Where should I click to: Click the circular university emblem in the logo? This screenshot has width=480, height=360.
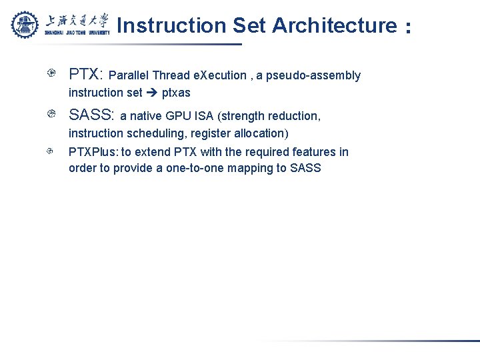pos(25,25)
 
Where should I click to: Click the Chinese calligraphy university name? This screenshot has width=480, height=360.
pos(77,19)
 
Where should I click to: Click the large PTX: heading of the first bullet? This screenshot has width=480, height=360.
pos(86,74)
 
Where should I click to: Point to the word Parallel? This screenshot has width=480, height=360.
pos(129,75)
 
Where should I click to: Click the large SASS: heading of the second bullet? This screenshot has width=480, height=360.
pos(92,115)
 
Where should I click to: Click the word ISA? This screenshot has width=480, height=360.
pos(204,116)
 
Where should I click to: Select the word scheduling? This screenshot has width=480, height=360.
pos(157,133)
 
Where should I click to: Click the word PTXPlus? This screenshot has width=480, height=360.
pos(93,152)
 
